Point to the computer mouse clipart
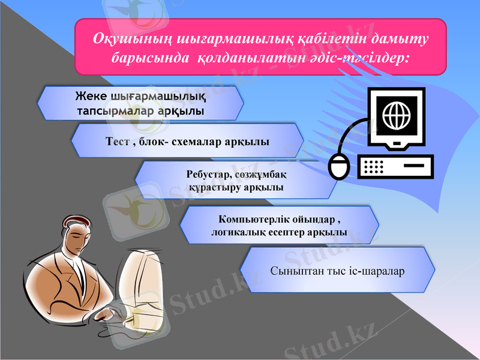339,166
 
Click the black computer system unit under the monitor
395,166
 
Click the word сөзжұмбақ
259,175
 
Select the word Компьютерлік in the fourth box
253,219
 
